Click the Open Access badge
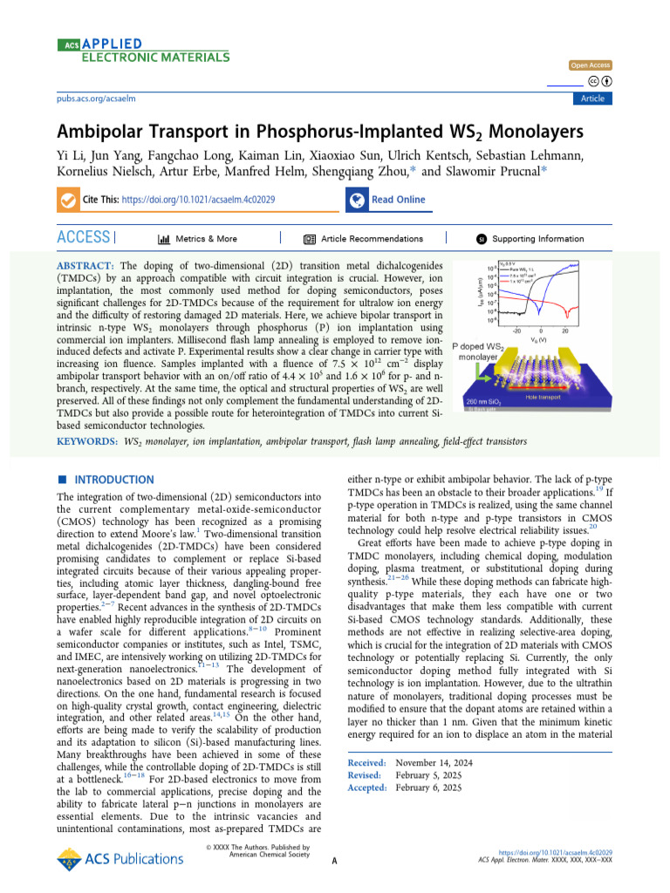[x=591, y=65]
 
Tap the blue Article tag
[x=592, y=99]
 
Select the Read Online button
[x=398, y=200]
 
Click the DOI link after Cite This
[x=199, y=200]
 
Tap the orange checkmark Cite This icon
[x=67, y=200]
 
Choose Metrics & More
[x=197, y=239]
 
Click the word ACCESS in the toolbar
[x=83, y=237]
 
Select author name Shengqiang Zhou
[x=359, y=172]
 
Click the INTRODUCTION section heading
[x=113, y=480]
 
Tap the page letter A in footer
[x=335, y=861]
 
